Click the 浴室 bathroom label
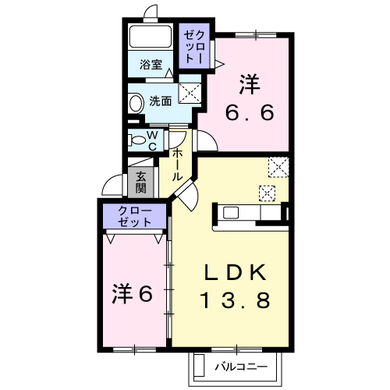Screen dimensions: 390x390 [151, 65]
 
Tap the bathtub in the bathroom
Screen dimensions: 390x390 [151, 37]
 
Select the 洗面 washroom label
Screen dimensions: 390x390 [161, 101]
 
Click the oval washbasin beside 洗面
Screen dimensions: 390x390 [136, 103]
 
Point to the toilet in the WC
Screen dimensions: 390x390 [137, 140]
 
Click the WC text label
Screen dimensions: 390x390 [152, 140]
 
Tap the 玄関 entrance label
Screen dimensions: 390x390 [140, 183]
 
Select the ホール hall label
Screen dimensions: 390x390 [176, 165]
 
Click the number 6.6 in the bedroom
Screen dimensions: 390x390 [250, 112]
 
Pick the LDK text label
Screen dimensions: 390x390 [236, 272]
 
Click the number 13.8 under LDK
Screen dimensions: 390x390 [236, 300]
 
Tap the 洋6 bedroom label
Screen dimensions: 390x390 [132, 294]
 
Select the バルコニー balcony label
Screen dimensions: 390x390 [241, 367]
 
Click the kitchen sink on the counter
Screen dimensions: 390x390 [231, 213]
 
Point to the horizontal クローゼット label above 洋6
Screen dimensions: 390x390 [134, 216]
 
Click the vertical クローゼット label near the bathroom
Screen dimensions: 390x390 [194, 47]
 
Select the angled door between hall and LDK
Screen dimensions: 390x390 [187, 193]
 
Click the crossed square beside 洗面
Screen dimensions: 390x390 [190, 93]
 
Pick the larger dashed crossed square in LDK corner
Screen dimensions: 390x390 [278, 167]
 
